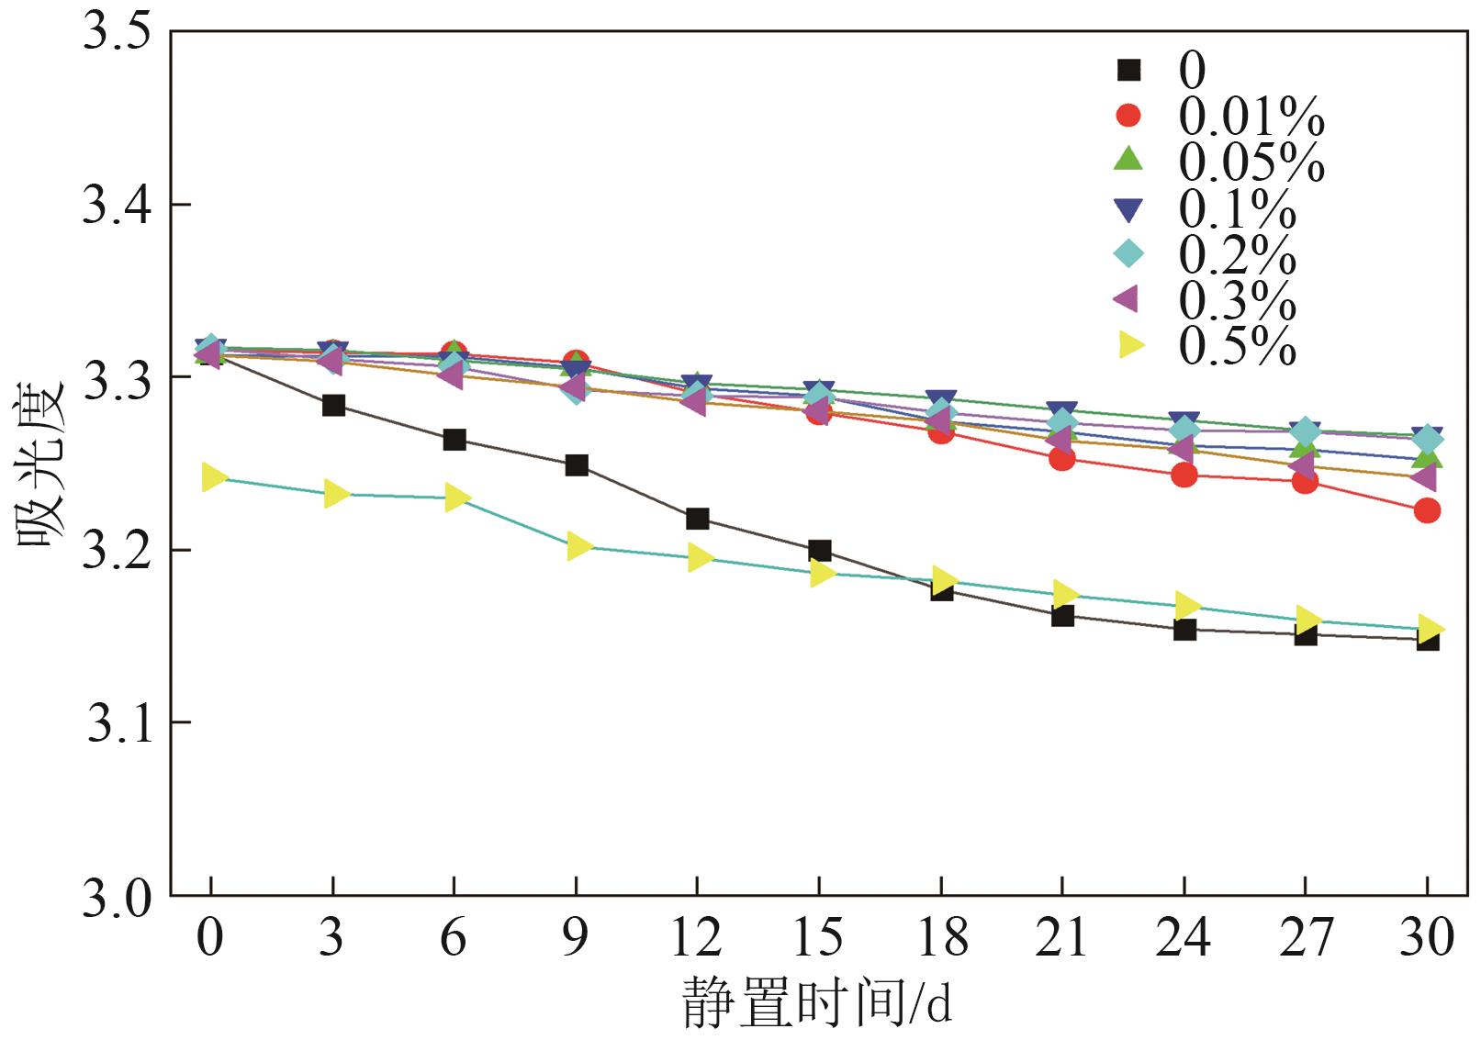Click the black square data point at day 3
click(x=333, y=405)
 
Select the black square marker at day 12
click(x=697, y=519)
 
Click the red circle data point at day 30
click(x=1427, y=510)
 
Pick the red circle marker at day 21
click(x=1062, y=458)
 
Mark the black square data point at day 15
click(x=820, y=551)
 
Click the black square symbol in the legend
click(x=1128, y=70)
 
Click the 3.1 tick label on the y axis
click(x=117, y=723)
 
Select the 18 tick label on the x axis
click(x=941, y=938)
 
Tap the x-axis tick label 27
click(x=1305, y=938)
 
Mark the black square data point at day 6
click(x=454, y=440)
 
